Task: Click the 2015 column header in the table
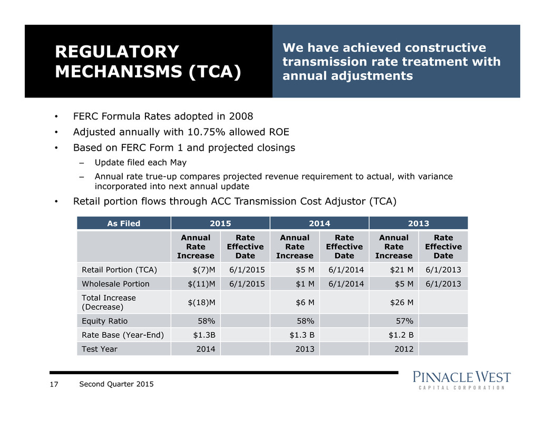click(220, 223)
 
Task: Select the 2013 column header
click(419, 223)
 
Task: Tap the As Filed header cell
click(124, 223)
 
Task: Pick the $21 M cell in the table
click(402, 270)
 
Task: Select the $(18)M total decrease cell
click(201, 302)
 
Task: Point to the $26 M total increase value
click(402, 302)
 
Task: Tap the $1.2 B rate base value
click(401, 335)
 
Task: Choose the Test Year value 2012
click(404, 349)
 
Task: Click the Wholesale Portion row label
click(115, 284)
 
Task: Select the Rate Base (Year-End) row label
click(123, 335)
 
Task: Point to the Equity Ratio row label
click(104, 321)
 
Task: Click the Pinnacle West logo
click(462, 380)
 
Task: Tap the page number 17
click(54, 384)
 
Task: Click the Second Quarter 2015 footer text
click(116, 384)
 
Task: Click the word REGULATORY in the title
click(117, 52)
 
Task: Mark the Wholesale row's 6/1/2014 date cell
click(346, 284)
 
